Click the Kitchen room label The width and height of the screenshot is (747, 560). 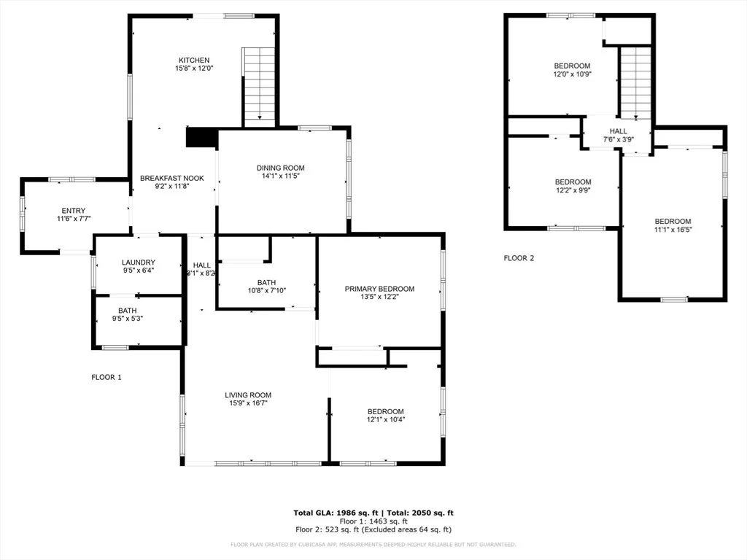coord(194,60)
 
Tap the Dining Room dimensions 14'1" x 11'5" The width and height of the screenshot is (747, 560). coord(280,176)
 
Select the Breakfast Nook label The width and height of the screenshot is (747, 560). coord(172,178)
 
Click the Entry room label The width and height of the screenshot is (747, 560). coord(74,211)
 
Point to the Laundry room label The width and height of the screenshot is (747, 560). coord(138,262)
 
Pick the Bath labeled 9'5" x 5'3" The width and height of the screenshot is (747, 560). coord(128,315)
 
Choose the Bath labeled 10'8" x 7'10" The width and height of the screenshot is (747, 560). coord(267,287)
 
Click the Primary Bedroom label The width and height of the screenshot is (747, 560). coord(379,289)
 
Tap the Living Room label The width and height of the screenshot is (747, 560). coord(248,394)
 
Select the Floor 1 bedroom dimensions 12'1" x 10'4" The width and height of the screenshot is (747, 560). coord(386,419)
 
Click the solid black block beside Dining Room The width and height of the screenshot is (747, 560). coord(201,138)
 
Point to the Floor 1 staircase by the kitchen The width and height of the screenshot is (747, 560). coord(259,87)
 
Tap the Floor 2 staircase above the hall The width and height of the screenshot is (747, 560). coord(635,82)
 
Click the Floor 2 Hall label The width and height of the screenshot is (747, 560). coord(619,131)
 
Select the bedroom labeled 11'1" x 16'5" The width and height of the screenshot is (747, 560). coord(673,225)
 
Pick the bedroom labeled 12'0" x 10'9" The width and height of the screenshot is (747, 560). coord(572,70)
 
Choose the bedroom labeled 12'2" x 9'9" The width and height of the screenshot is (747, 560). coord(573,186)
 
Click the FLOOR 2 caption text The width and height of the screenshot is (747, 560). coord(519,258)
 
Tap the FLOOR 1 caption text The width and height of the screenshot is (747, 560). coord(107,377)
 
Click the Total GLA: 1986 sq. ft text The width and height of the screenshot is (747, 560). coord(336,513)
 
